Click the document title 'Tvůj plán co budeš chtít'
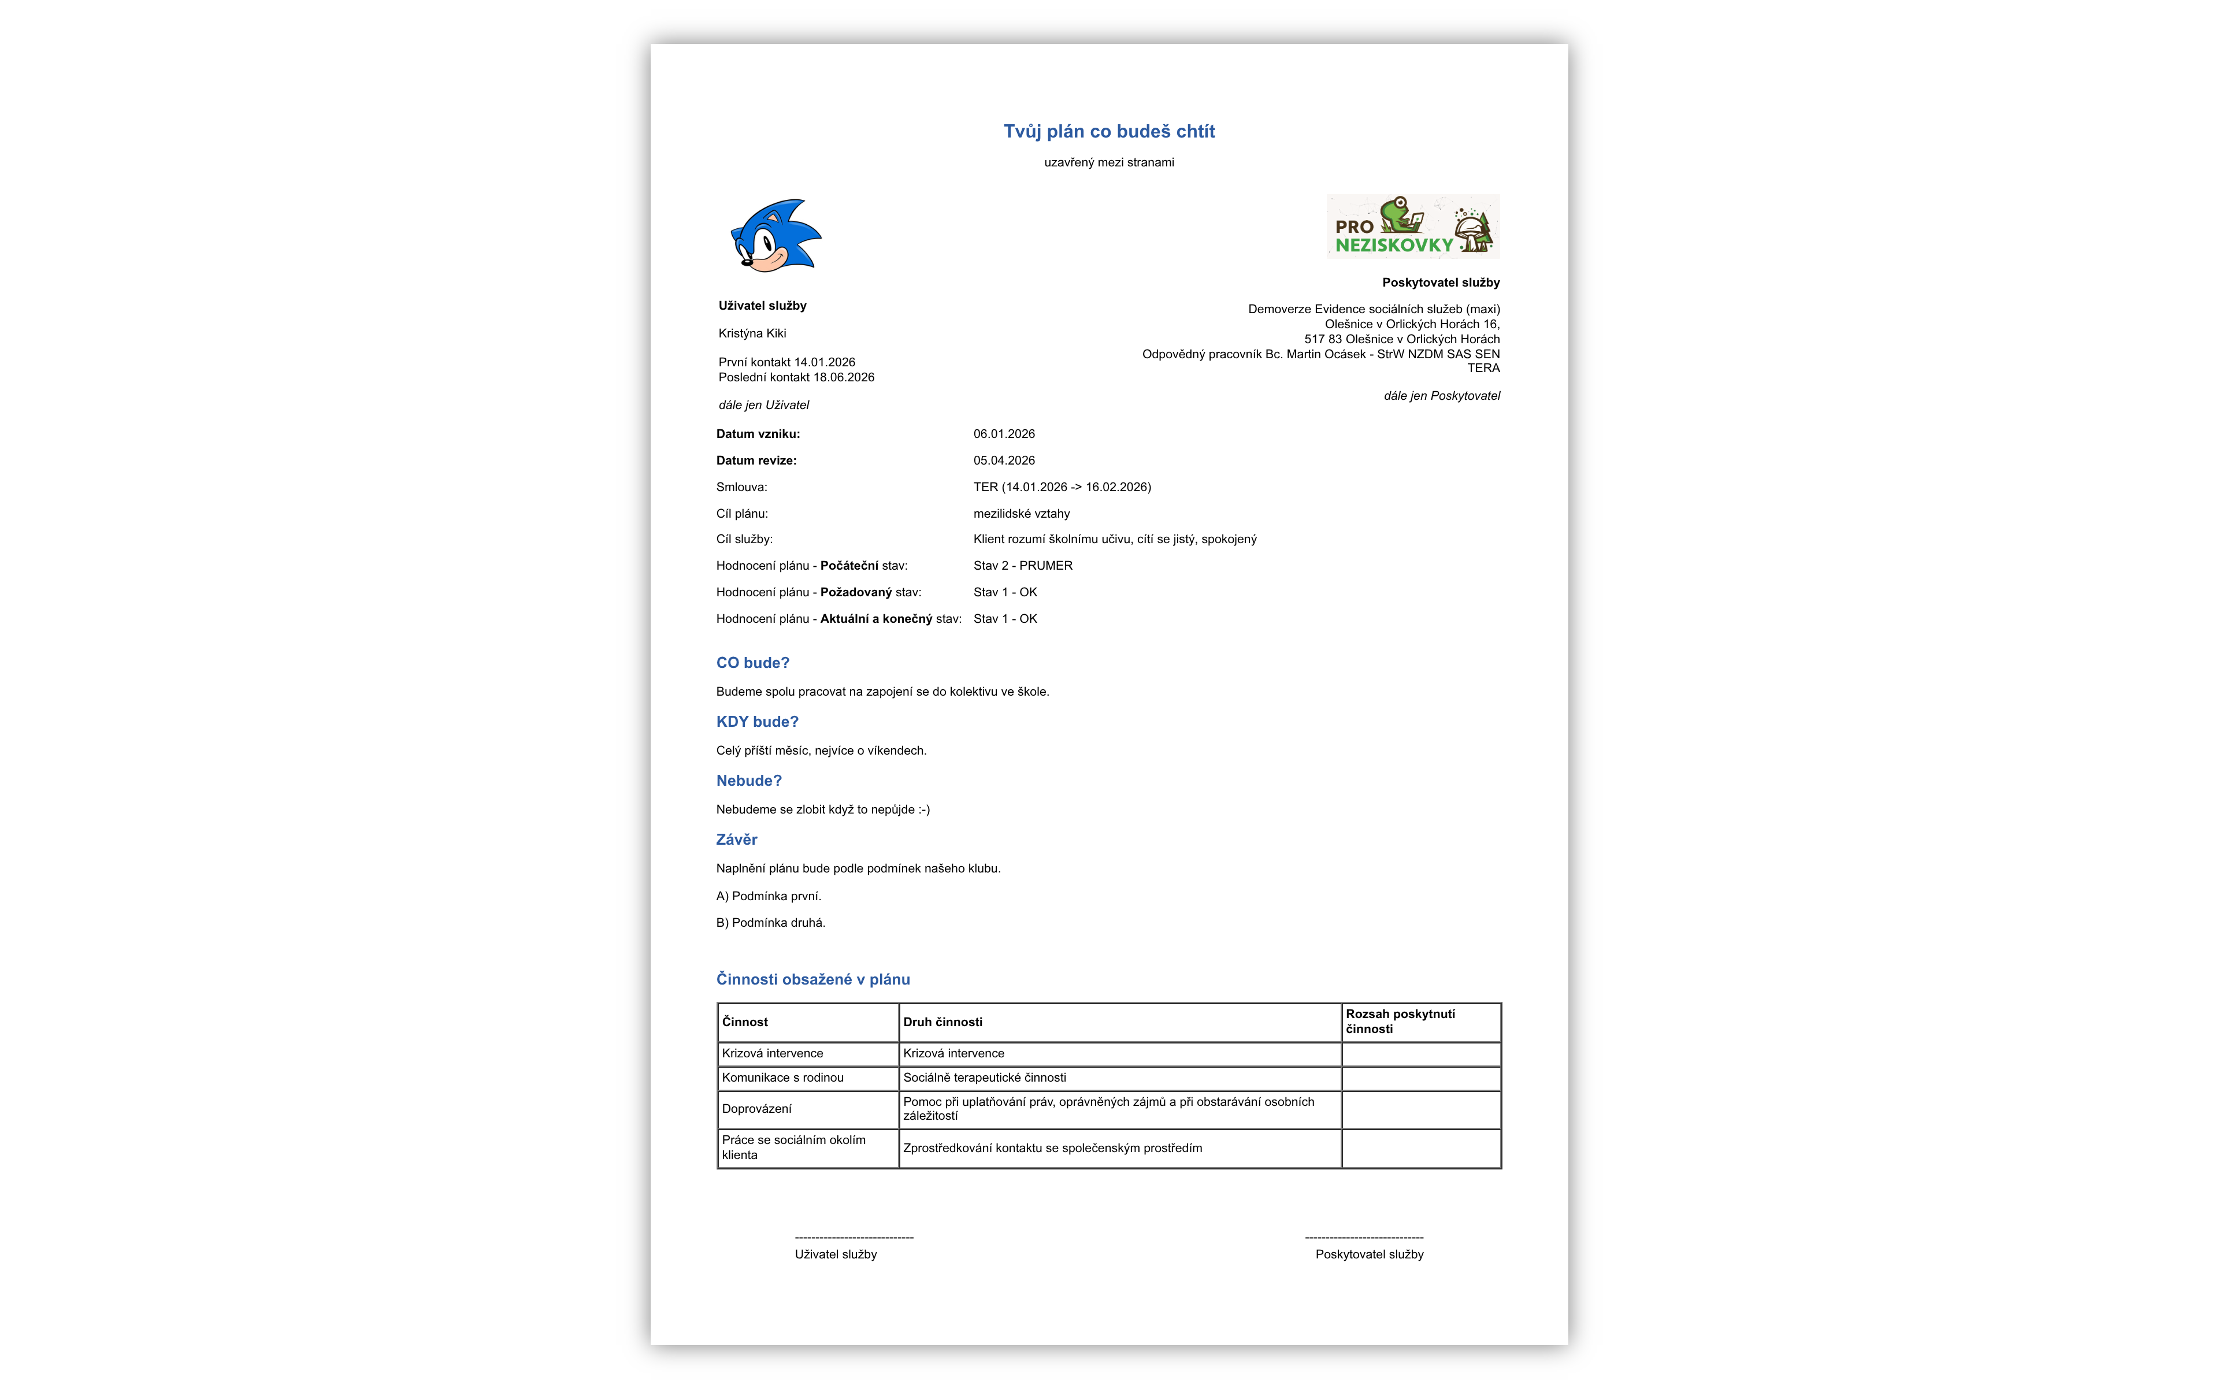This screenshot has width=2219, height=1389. pos(1108,131)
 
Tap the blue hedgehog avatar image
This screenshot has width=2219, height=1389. pos(774,235)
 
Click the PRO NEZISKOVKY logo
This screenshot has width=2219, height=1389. pos(1412,226)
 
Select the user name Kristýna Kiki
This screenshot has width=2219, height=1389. pos(752,333)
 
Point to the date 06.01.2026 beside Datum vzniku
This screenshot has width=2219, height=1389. pos(1003,433)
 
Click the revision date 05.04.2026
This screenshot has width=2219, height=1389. pos(1003,460)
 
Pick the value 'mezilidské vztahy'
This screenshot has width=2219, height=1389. pos(1021,514)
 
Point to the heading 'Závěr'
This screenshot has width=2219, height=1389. pos(737,840)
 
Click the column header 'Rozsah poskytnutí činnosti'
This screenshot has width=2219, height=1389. pos(1400,1022)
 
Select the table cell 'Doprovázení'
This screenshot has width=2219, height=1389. pos(756,1109)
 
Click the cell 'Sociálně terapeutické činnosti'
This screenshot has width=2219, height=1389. pos(984,1078)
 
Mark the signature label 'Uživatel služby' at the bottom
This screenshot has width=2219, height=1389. pos(835,1254)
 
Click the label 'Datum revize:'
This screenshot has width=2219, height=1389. pos(756,460)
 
